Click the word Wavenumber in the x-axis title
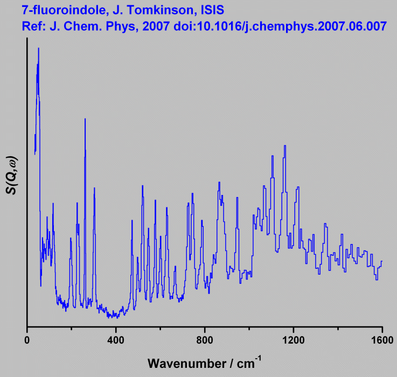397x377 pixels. coord(184,362)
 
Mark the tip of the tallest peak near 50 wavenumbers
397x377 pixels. coord(38,48)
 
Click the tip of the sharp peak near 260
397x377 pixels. coord(85,118)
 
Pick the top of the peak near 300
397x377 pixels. coord(94,187)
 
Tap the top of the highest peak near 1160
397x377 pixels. coord(284,145)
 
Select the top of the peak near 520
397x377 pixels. coord(142,185)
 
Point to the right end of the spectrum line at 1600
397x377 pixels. coord(382,261)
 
